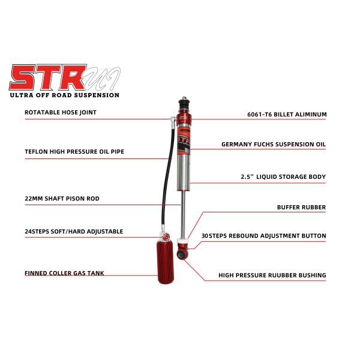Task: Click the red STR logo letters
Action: (x=48, y=77)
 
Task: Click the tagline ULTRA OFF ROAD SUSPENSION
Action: (x=64, y=95)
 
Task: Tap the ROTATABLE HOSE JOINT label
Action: (x=60, y=112)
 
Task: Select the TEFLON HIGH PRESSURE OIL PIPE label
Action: (x=74, y=152)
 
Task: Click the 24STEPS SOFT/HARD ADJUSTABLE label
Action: (x=74, y=231)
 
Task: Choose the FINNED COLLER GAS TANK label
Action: (x=64, y=273)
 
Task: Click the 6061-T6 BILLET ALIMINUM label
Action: (x=287, y=114)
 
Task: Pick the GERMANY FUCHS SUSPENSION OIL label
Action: (x=274, y=145)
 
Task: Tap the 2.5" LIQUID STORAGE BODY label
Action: (x=283, y=177)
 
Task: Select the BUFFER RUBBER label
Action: (x=301, y=208)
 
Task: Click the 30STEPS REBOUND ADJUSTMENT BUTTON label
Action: (x=264, y=236)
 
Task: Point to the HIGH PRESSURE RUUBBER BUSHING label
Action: (x=272, y=275)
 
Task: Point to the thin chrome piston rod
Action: (x=184, y=216)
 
